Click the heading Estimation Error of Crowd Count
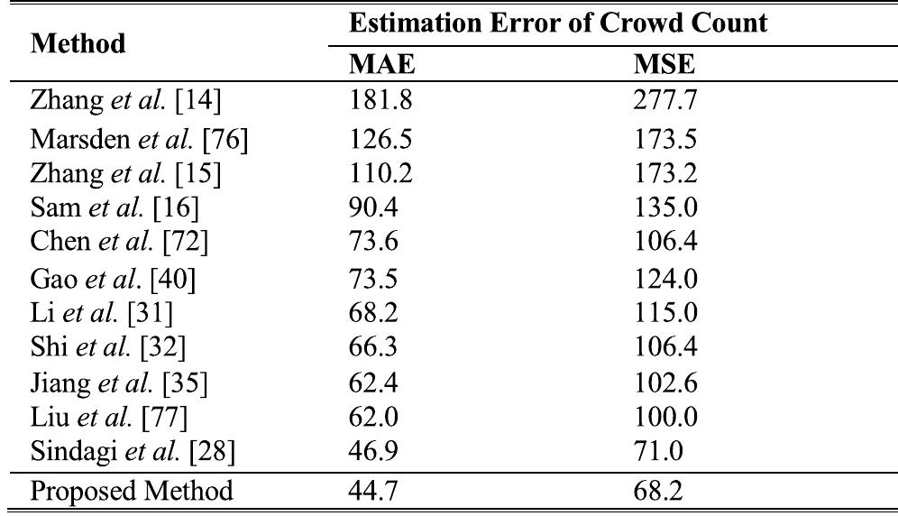[x=559, y=23]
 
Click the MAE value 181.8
[x=382, y=102]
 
